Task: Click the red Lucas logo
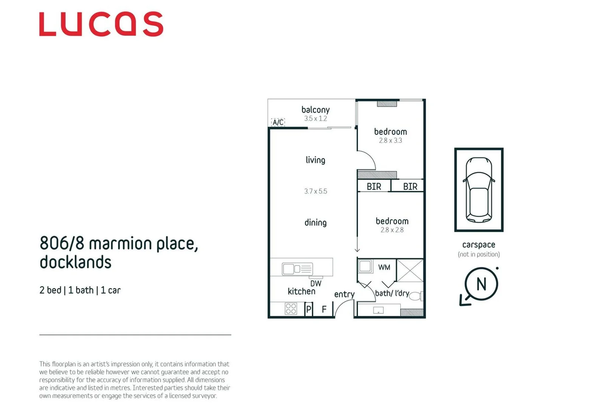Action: (x=101, y=24)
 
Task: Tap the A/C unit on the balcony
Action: (x=278, y=122)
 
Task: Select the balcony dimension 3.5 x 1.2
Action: (x=315, y=119)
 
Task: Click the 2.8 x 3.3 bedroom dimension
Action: (x=390, y=141)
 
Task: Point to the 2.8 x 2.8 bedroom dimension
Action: (x=392, y=230)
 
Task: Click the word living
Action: (x=315, y=160)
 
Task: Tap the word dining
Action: (x=315, y=223)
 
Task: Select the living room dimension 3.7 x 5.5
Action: (x=315, y=192)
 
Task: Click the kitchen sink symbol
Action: (x=297, y=269)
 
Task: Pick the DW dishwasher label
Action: (x=316, y=283)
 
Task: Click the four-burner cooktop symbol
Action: (x=291, y=309)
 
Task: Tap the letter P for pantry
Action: (x=308, y=310)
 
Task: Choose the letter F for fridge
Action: (x=324, y=310)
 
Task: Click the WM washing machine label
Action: (x=384, y=267)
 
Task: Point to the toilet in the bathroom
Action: (x=416, y=296)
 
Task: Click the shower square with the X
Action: (x=410, y=270)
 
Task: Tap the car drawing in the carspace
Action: (x=479, y=190)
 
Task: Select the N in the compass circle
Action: (x=481, y=284)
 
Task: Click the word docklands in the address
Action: (x=75, y=262)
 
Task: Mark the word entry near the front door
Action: (x=344, y=294)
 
